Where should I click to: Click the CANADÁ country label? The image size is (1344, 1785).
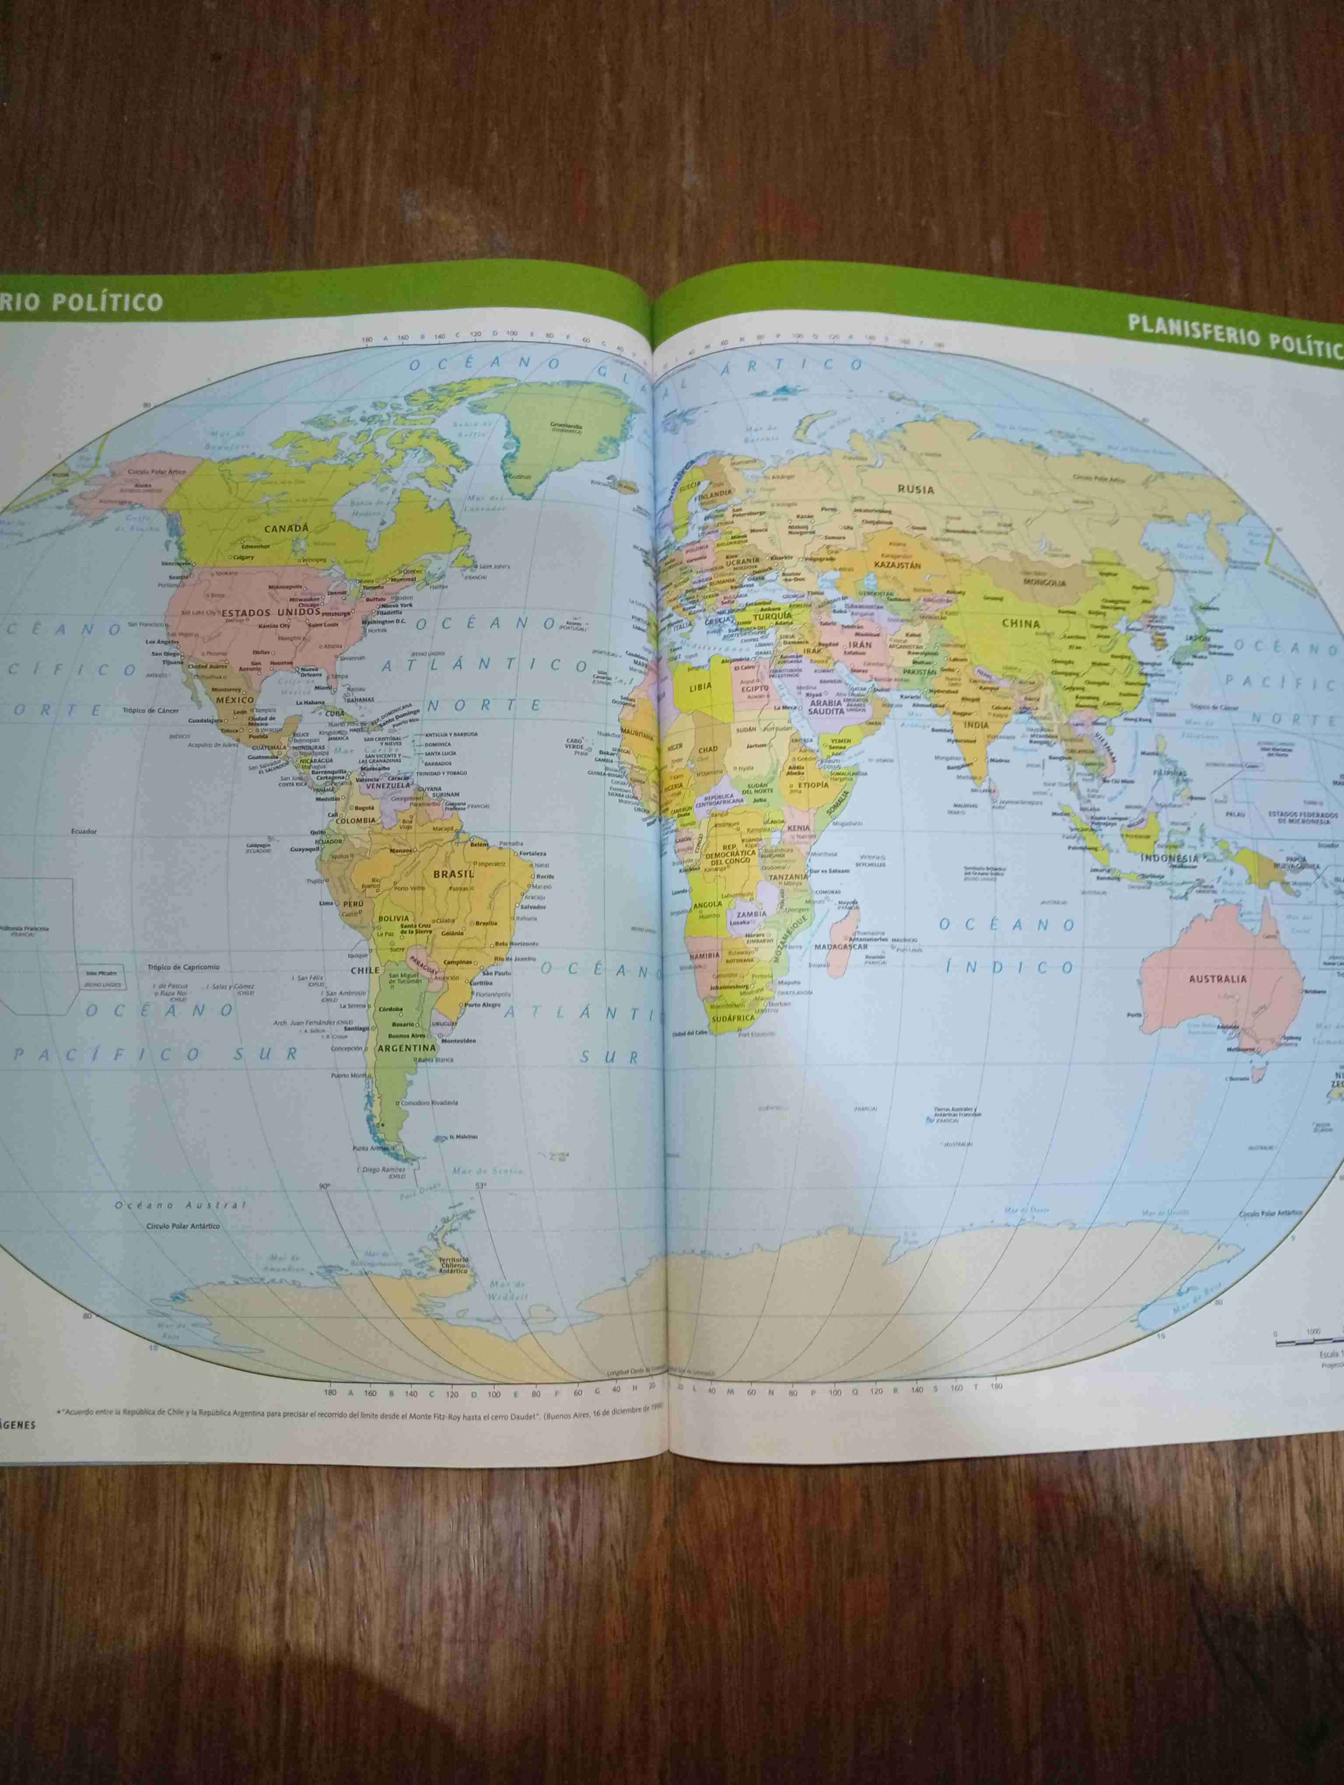287,528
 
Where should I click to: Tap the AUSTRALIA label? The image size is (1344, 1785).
1218,979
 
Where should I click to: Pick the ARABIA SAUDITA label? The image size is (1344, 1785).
826,708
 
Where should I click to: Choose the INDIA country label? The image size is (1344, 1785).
976,724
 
